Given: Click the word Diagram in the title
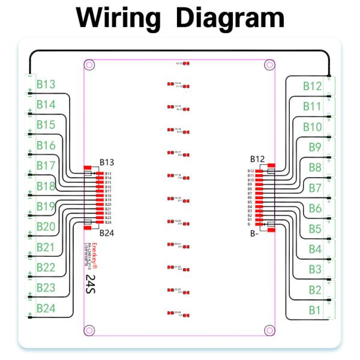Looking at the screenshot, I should coord(230,19).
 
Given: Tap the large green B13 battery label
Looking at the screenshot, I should coord(46,85).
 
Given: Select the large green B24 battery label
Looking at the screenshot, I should coord(46,308).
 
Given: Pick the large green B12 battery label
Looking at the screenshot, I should coord(313,86).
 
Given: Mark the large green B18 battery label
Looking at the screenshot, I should coord(46,186).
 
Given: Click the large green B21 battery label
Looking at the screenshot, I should coord(46,247).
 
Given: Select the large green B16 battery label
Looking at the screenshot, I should coord(46,145).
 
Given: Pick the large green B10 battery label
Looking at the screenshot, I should coord(313,127).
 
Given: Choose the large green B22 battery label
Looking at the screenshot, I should coord(46,268).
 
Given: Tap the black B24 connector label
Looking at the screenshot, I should coord(107,233).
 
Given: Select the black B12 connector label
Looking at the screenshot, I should coord(257,159).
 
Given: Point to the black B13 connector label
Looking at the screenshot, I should coord(107,162).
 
